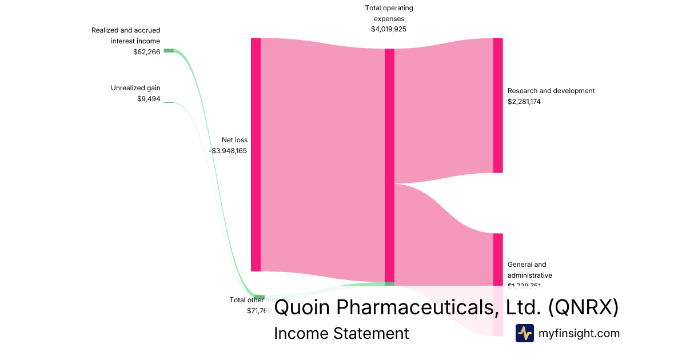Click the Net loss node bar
[x=256, y=154]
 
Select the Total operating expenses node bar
[x=389, y=166]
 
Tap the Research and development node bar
[x=498, y=105]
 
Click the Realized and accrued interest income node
[x=168, y=50]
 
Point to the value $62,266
[x=146, y=51]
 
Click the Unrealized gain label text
[x=135, y=88]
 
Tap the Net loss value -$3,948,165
[x=228, y=151]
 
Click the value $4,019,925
[x=389, y=29]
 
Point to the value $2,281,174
[x=524, y=102]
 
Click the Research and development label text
[x=551, y=91]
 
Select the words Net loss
[x=234, y=140]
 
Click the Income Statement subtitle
[x=341, y=333]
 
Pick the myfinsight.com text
[x=579, y=333]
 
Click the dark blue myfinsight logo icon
[x=525, y=333]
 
